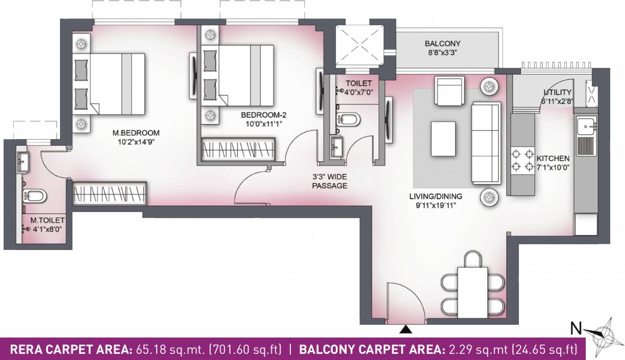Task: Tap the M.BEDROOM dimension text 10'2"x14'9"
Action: point(136,141)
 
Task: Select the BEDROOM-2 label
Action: point(260,115)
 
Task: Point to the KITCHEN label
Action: point(553,158)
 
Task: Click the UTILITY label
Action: point(557,92)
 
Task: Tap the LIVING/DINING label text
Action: point(435,196)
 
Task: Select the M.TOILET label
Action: point(45,219)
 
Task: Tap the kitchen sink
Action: point(586,126)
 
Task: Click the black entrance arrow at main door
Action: point(406,330)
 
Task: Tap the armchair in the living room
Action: point(449,91)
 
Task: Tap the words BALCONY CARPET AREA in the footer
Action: point(371,350)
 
